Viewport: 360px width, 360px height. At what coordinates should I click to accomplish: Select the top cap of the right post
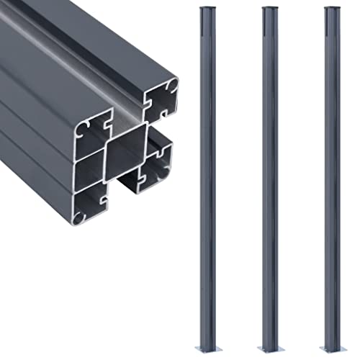point(332,9)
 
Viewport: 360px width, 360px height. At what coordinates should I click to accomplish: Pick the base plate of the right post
point(332,348)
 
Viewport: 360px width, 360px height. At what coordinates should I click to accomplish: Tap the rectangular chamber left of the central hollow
point(89,170)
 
